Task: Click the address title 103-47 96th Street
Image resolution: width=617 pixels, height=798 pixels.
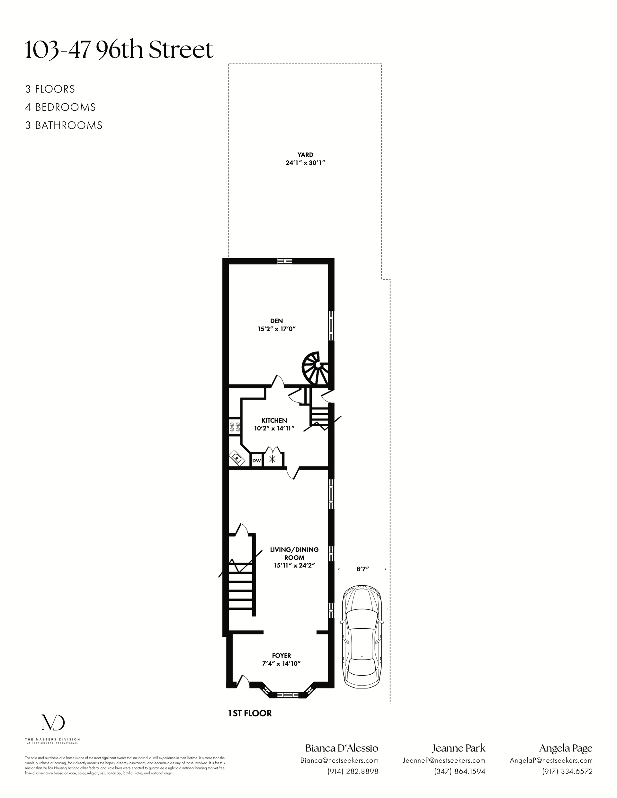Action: pyautogui.click(x=119, y=50)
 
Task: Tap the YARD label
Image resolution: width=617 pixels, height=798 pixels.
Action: pyautogui.click(x=305, y=155)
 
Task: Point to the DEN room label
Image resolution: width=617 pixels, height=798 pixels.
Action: pyautogui.click(x=276, y=321)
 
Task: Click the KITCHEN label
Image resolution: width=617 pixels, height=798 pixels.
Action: pyautogui.click(x=274, y=421)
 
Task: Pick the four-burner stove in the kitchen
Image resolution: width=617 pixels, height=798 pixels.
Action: pyautogui.click(x=235, y=427)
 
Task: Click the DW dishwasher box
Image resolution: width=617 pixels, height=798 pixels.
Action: pyautogui.click(x=256, y=461)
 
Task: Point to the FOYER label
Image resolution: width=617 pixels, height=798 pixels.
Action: pyautogui.click(x=282, y=655)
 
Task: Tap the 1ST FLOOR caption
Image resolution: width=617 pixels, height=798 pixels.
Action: pyautogui.click(x=250, y=713)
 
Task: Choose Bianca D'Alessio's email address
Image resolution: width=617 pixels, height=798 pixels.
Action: pyautogui.click(x=339, y=760)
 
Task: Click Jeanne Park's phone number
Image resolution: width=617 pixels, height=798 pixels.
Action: pyautogui.click(x=460, y=771)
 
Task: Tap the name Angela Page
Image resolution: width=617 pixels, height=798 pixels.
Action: pyautogui.click(x=566, y=748)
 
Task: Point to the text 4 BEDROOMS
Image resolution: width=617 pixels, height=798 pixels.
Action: pyautogui.click(x=61, y=107)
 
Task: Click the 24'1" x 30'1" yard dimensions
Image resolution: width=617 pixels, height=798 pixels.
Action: pyautogui.click(x=305, y=163)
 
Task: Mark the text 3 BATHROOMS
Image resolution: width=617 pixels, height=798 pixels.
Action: pyautogui.click(x=64, y=125)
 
